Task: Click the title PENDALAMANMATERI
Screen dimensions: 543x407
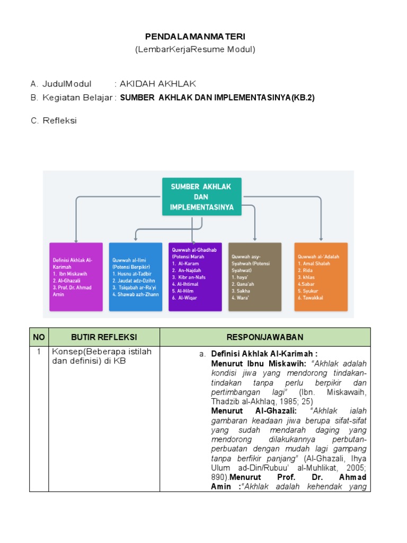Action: click(x=196, y=37)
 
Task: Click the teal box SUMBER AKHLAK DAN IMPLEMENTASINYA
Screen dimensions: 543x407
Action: click(x=201, y=196)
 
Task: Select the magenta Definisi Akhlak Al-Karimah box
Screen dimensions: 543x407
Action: click(x=76, y=276)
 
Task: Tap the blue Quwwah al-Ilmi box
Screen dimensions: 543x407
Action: click(x=136, y=276)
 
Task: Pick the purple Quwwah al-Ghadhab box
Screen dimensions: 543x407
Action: click(x=195, y=276)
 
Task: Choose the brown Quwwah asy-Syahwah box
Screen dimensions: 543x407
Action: click(x=255, y=276)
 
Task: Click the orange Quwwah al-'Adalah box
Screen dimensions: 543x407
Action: click(x=321, y=276)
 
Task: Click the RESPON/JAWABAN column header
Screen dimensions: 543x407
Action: click(x=265, y=337)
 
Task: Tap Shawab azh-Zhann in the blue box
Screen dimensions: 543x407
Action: click(x=132, y=294)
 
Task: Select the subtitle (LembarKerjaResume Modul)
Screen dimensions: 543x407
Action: click(x=196, y=49)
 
